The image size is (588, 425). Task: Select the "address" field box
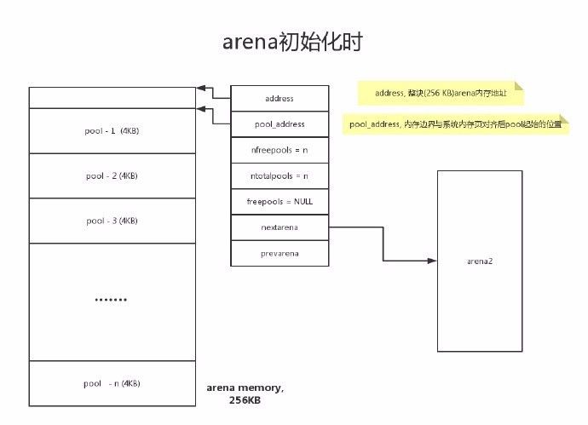click(x=280, y=99)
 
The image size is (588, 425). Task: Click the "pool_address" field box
click(x=280, y=124)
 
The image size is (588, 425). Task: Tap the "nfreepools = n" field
click(x=280, y=150)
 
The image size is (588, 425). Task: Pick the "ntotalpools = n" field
click(x=280, y=175)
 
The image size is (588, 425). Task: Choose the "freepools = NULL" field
click(x=280, y=202)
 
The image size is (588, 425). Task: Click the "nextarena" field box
click(x=280, y=227)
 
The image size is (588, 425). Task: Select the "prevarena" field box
click(x=280, y=253)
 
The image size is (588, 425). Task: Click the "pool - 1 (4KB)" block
click(x=112, y=131)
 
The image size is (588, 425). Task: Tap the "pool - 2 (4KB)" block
click(x=112, y=175)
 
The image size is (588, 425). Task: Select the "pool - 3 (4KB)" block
click(x=112, y=221)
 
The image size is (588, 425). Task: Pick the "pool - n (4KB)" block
click(x=112, y=383)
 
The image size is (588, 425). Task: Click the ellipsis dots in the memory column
click(x=111, y=301)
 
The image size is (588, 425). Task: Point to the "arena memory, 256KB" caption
click(x=245, y=393)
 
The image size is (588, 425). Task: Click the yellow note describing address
click(x=440, y=92)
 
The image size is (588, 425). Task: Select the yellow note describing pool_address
click(x=458, y=124)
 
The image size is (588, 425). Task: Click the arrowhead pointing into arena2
click(x=433, y=260)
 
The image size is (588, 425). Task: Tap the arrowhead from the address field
click(x=201, y=88)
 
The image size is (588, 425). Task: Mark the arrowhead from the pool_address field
click(x=201, y=109)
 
